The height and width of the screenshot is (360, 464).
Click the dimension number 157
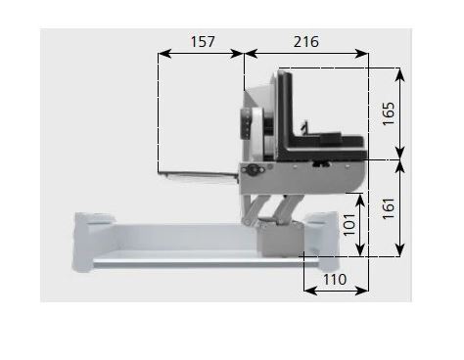pos(203,42)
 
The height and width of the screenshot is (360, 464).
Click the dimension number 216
pos(306,42)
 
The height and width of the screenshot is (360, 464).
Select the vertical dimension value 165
pos(389,113)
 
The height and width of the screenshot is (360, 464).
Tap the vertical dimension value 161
pos(389,208)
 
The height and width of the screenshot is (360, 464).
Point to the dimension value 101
pos(349,224)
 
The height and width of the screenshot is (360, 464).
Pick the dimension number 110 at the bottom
pos(335,280)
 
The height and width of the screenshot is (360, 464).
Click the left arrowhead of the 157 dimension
pos(164,54)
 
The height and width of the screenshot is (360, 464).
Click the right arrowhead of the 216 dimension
pos(362,54)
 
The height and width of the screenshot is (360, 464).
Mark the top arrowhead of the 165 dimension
pos(400,74)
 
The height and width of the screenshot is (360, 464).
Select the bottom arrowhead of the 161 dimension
pos(400,250)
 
